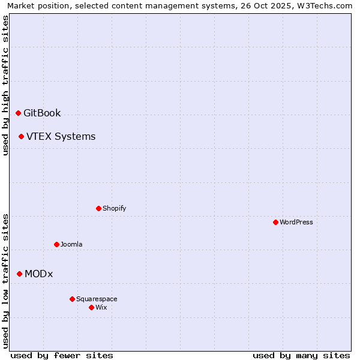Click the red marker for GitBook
[18, 113]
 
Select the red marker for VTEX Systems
[21, 136]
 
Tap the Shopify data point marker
[98, 208]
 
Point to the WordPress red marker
[275, 222]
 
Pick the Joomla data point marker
[56, 244]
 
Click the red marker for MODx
[19, 274]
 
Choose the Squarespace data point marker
[72, 299]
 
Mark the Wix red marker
[91, 307]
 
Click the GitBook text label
[42, 113]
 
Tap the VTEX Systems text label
[61, 136]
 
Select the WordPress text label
[296, 222]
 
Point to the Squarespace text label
[97, 299]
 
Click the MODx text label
[38, 274]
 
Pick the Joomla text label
[71, 244]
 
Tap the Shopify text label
[114, 208]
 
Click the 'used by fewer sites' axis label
[62, 355]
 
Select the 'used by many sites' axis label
[301, 355]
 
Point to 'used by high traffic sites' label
[5, 85]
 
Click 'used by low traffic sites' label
[5, 280]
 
